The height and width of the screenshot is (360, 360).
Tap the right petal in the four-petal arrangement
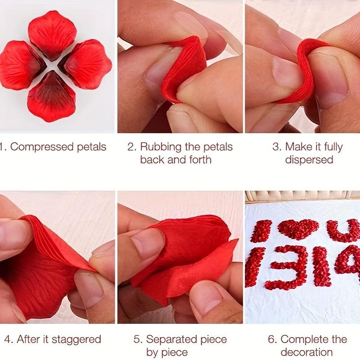pyautogui.click(x=86, y=63)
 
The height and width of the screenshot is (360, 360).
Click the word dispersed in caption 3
pyautogui.click(x=309, y=160)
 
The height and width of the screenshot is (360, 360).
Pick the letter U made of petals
pyautogui.click(x=343, y=230)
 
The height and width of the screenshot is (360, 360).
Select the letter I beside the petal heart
pyautogui.click(x=261, y=230)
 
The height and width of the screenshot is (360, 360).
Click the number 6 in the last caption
pyautogui.click(x=272, y=339)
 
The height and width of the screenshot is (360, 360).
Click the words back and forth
pyautogui.click(x=175, y=160)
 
